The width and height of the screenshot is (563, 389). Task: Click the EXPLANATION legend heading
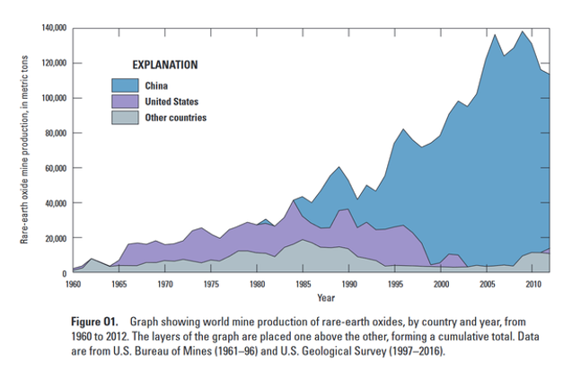pos(164,66)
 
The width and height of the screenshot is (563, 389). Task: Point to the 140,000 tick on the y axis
pos(53,28)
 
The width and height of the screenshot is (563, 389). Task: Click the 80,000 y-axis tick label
pos(55,133)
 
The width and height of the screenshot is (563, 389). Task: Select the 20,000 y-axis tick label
pos(55,238)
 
